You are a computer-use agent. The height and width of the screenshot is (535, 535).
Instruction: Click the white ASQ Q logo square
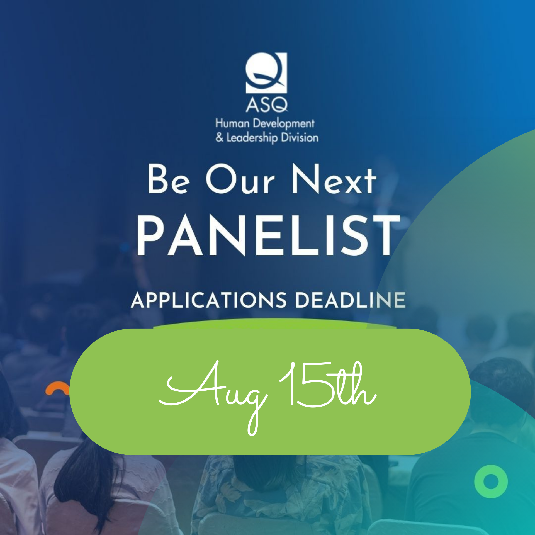266,73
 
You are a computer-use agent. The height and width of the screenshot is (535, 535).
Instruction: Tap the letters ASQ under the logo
267,105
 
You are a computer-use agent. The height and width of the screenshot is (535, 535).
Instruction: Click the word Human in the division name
232,123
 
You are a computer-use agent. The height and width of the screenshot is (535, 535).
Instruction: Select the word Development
284,124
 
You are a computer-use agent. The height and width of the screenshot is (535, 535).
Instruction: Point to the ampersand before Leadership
220,137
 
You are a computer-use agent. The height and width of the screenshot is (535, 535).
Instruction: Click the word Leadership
252,138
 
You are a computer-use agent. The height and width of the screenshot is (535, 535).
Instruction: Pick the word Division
300,138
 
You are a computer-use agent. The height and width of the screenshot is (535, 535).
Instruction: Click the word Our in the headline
240,179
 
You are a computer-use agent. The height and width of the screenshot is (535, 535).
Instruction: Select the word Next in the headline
334,179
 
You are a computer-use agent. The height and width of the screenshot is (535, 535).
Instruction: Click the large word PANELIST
268,236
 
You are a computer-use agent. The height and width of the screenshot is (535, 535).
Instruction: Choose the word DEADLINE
350,300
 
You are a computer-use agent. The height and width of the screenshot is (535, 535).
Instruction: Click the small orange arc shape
58,388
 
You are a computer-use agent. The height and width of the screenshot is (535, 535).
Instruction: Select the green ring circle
491,481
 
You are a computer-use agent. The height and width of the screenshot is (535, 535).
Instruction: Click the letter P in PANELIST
150,236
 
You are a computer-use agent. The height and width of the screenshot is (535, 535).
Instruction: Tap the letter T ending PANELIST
387,236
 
